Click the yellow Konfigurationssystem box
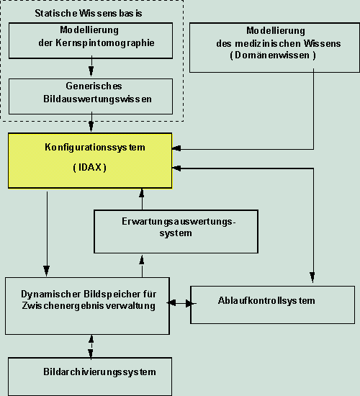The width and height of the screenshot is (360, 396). (90, 161)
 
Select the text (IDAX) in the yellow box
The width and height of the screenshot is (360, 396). (90, 168)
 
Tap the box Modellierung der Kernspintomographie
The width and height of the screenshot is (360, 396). (91, 40)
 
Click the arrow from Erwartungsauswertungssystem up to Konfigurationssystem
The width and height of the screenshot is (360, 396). (141, 199)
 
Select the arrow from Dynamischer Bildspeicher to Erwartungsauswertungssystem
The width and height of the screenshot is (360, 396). (141, 265)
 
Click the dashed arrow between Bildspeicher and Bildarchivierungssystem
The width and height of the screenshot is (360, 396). (91, 346)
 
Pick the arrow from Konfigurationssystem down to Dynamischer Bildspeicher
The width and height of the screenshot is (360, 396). (47, 234)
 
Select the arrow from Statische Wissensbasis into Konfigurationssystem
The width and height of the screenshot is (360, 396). (91, 125)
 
